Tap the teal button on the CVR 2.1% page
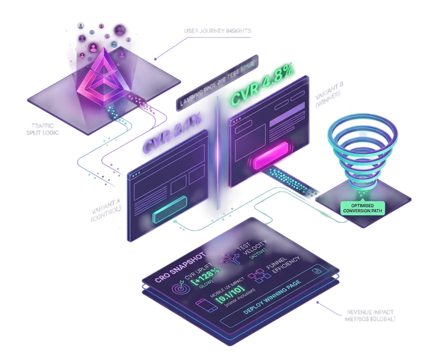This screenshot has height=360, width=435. point(169,213)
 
